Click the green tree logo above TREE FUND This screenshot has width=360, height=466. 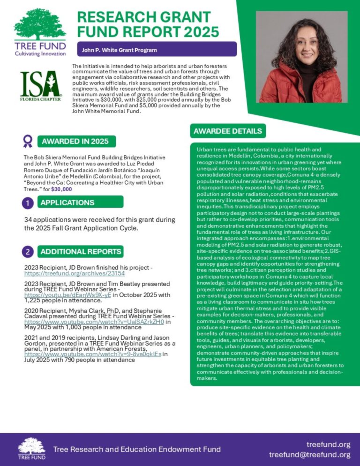[40, 25]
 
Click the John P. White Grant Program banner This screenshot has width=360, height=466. [157, 50]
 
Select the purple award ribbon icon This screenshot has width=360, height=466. [28, 140]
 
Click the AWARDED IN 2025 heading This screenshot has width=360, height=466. [75, 141]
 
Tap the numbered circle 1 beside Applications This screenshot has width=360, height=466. [28, 203]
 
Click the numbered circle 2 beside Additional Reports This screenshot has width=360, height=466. [28, 252]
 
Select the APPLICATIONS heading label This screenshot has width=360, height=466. [67, 203]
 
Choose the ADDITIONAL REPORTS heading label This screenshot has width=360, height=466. [81, 252]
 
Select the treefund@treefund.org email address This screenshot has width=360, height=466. [309, 455]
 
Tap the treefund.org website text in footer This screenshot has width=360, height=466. [328, 444]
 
